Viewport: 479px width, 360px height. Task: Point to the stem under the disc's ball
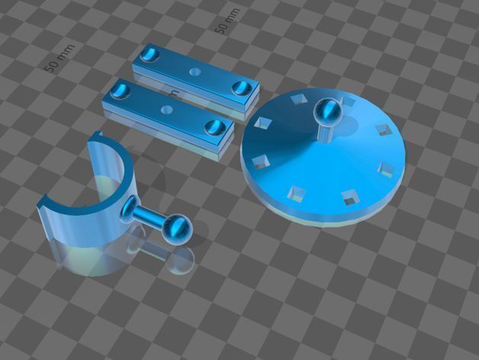(x=326, y=131)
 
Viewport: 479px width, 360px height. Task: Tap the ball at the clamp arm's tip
(x=178, y=227)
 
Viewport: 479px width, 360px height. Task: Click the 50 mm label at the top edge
(x=226, y=21)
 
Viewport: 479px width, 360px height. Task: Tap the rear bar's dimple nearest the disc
(x=243, y=86)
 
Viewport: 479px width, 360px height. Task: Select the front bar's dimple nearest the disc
(x=215, y=126)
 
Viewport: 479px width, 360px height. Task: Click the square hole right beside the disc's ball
(x=350, y=101)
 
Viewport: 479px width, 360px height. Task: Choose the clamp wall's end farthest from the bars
(x=46, y=202)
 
